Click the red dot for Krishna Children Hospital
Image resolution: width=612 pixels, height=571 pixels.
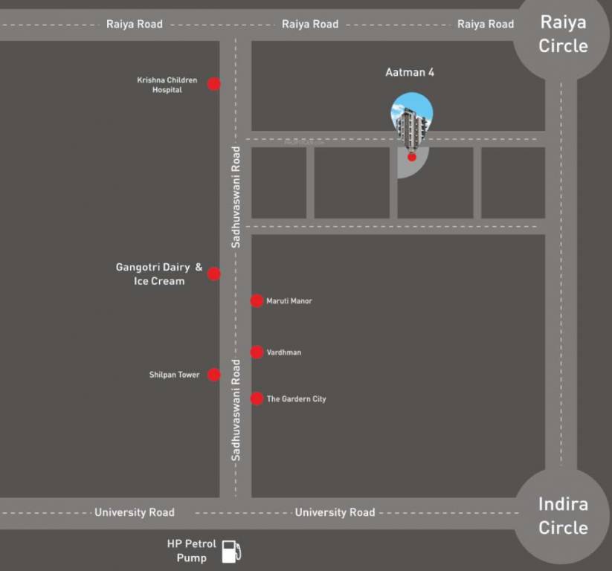[x=214, y=84]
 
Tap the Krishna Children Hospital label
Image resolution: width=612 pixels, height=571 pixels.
[x=167, y=85]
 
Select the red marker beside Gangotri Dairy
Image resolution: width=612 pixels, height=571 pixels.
[x=214, y=274]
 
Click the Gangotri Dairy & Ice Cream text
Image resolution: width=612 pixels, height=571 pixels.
[x=159, y=274]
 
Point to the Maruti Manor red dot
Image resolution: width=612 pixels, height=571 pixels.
[x=257, y=301]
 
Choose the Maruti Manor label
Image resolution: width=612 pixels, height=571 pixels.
[x=289, y=301]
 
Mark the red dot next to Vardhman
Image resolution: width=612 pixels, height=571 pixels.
[x=257, y=352]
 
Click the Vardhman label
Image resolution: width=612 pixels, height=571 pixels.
[x=284, y=352]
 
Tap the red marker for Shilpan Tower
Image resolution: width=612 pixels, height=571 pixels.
[x=214, y=375]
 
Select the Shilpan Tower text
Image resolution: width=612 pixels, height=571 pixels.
[x=174, y=375]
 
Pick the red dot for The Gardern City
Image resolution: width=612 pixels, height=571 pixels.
[x=257, y=399]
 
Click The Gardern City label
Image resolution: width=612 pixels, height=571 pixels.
[x=296, y=399]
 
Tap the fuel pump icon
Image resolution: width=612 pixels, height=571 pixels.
[x=232, y=551]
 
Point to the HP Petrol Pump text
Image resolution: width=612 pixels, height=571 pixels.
[x=191, y=551]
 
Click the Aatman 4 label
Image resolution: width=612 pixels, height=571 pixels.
[x=410, y=72]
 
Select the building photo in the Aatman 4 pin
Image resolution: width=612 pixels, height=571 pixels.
[x=412, y=119]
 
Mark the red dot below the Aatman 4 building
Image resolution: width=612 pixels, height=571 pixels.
[x=412, y=157]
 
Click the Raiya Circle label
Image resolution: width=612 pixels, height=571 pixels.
[x=563, y=34]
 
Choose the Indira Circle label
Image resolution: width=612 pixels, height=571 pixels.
[x=563, y=516]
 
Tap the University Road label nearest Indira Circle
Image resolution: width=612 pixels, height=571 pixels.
[x=335, y=512]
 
